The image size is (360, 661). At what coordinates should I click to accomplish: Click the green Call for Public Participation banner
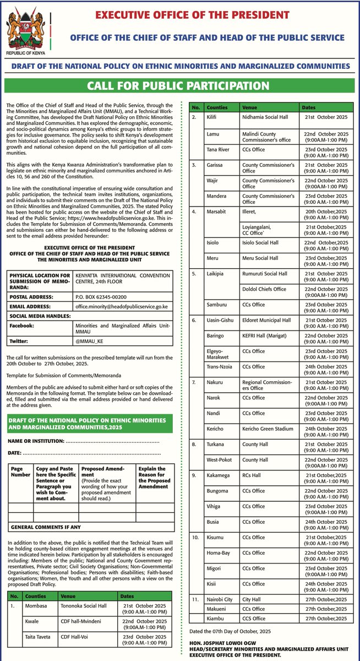[180, 86]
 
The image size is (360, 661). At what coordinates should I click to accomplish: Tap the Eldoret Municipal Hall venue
[266, 320]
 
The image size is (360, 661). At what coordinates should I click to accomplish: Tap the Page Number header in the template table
[20, 472]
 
